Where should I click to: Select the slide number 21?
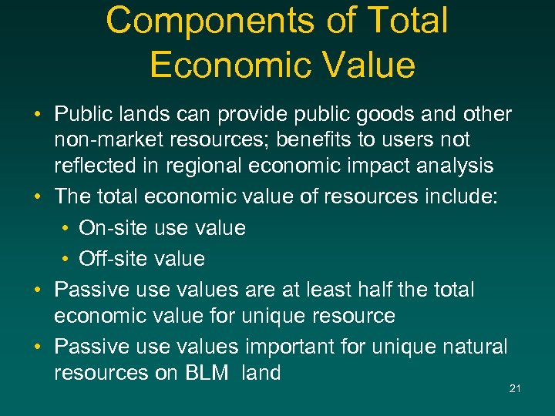515,388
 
